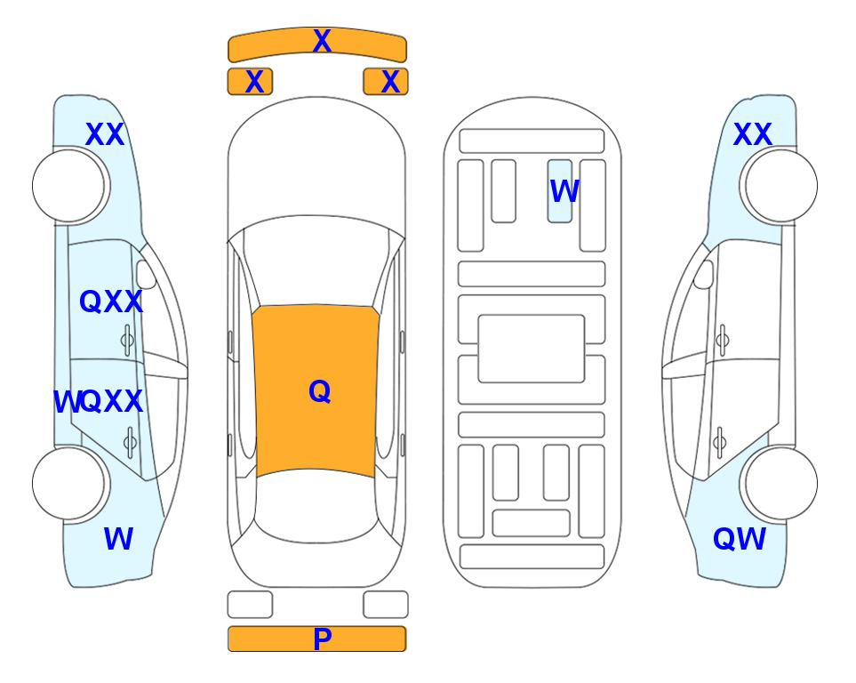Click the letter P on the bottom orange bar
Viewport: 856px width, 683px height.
click(x=322, y=639)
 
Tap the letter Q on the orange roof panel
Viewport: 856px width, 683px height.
click(x=320, y=391)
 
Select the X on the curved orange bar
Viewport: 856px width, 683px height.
click(x=322, y=40)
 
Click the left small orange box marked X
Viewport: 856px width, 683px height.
click(x=250, y=82)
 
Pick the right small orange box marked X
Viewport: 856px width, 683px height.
click(x=386, y=82)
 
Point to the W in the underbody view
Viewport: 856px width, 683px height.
click(x=564, y=191)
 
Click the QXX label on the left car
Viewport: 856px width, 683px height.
click(x=111, y=301)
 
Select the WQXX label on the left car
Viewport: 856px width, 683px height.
click(x=99, y=402)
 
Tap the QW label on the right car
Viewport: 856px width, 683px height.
click(x=740, y=539)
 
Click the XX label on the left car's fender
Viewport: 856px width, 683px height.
click(x=106, y=134)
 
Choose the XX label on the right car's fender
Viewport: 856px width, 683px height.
click(x=753, y=134)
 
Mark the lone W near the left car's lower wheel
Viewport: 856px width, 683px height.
click(x=118, y=539)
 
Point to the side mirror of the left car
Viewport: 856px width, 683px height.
click(x=146, y=275)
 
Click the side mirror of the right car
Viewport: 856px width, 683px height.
click(x=704, y=275)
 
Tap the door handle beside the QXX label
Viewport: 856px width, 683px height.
click(x=128, y=340)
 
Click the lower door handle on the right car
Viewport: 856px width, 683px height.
click(x=720, y=442)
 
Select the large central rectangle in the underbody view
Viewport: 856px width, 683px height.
click(x=532, y=349)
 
